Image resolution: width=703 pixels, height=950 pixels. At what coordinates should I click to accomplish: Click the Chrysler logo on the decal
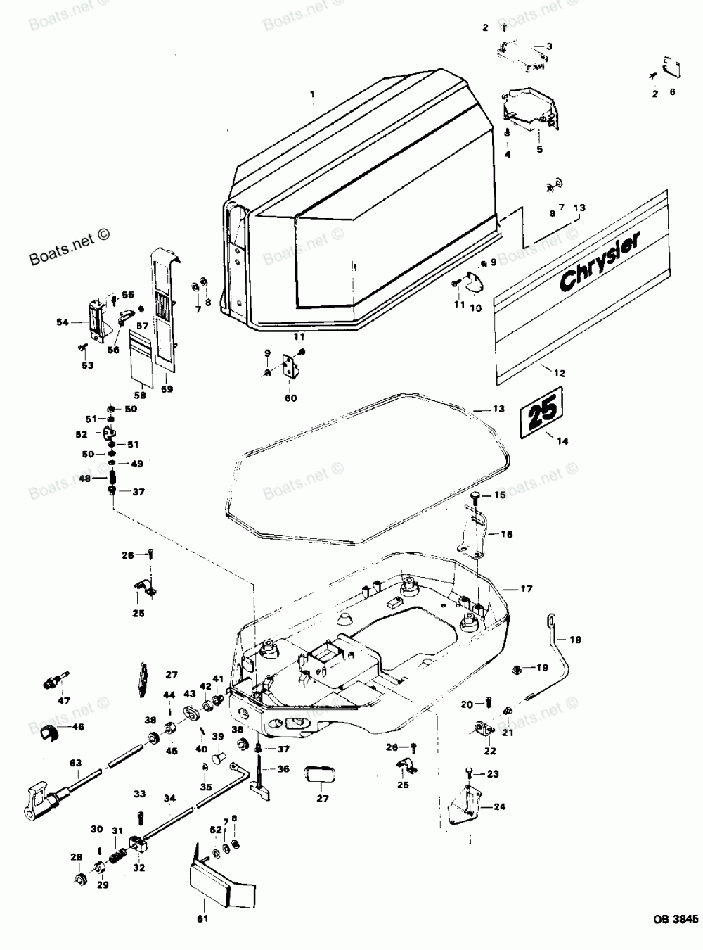click(x=600, y=262)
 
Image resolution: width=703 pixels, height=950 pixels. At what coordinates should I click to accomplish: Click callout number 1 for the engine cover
click(x=313, y=94)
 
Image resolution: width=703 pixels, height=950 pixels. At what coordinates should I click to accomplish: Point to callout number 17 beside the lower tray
click(x=528, y=588)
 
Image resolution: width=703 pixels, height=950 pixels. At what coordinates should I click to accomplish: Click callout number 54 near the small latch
click(x=63, y=322)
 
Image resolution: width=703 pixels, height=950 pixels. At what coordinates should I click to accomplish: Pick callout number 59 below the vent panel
click(x=167, y=389)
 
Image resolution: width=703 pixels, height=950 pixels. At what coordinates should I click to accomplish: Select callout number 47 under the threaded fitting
click(x=64, y=701)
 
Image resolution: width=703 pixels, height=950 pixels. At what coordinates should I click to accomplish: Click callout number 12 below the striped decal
click(x=560, y=374)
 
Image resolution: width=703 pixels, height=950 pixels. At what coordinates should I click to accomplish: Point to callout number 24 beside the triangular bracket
click(x=499, y=807)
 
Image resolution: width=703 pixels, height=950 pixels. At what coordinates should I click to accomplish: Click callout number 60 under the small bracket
click(x=290, y=398)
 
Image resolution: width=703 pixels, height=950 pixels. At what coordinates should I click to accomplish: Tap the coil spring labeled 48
click(x=112, y=478)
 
